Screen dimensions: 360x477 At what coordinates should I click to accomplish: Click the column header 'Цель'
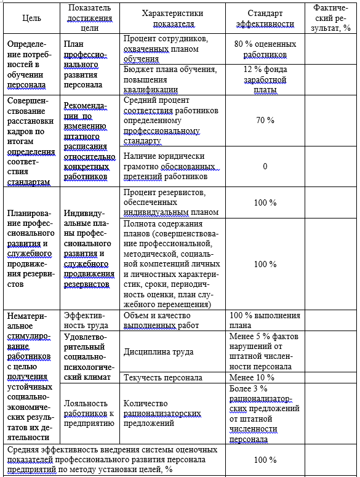pyautogui.click(x=31, y=18)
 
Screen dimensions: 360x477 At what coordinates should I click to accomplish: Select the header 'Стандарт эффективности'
pyautogui.click(x=265, y=18)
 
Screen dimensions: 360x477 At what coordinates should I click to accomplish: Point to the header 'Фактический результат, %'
pyautogui.click(x=331, y=18)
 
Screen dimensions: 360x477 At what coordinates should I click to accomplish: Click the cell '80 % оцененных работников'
pyautogui.click(x=265, y=49)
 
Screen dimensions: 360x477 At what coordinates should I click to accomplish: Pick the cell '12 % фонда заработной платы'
pyautogui.click(x=265, y=79)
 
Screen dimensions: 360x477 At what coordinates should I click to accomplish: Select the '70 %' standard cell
pyautogui.click(x=265, y=120)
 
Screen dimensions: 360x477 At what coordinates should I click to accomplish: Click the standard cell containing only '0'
pyautogui.click(x=265, y=166)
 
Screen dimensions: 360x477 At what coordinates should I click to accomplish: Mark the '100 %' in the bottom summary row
pyautogui.click(x=265, y=460)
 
